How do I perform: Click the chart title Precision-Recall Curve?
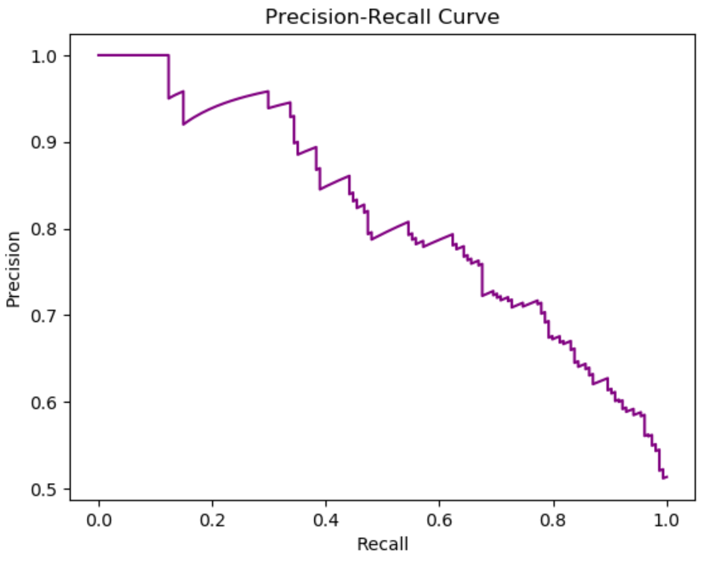(382, 17)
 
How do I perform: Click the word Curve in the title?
(469, 17)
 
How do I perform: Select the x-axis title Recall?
(382, 544)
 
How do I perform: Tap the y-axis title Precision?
(13, 269)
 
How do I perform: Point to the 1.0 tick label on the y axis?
(43, 57)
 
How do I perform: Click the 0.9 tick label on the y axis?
(43, 143)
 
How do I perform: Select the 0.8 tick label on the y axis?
(43, 230)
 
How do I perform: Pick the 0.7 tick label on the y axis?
(43, 316)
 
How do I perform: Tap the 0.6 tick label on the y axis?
(43, 403)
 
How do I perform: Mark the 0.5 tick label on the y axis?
(43, 489)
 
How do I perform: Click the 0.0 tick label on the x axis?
(99, 520)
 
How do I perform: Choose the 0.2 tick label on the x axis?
(212, 520)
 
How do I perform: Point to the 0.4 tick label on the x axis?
(326, 520)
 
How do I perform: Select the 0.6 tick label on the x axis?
(439, 520)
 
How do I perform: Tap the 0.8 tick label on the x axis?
(553, 520)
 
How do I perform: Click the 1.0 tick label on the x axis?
(667, 520)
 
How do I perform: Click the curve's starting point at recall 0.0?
(99, 55)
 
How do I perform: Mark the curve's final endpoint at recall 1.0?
(667, 477)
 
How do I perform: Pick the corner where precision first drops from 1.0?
(169, 55)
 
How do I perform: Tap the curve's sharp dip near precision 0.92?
(183, 124)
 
